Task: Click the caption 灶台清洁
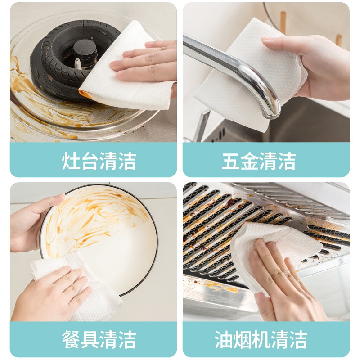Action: click(99, 161)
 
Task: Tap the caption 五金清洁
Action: click(259, 161)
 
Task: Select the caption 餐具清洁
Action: click(99, 339)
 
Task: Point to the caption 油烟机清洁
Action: click(261, 339)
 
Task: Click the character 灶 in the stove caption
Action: click(71, 161)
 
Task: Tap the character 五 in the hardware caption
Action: click(230, 161)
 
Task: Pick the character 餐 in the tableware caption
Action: click(71, 339)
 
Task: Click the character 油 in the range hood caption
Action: click(224, 339)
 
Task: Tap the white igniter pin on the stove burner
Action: click(78, 63)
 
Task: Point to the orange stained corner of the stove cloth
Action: click(85, 94)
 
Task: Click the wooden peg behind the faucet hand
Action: click(283, 22)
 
